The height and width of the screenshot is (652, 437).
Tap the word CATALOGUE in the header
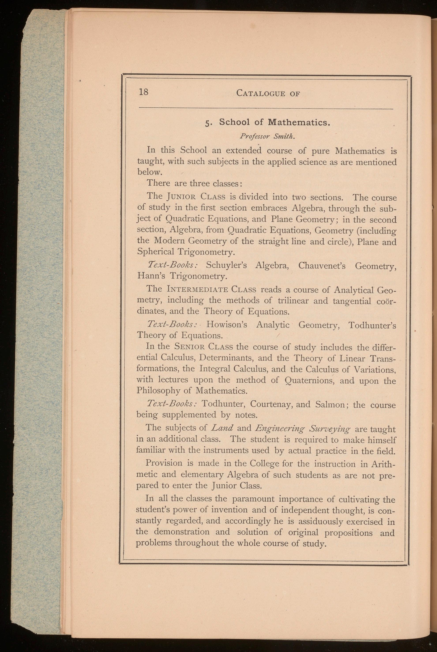pos(260,93)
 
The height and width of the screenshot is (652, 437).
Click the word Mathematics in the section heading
pos(298,122)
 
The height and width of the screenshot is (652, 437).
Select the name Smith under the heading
pos(284,137)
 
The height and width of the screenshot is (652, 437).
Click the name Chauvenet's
pos(322,265)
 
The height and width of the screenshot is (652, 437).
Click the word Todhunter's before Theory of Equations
pos(372,325)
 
